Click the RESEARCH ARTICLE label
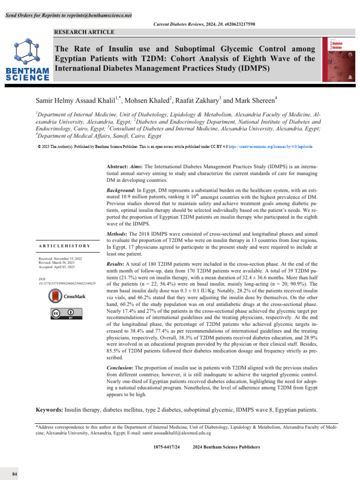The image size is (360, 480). tap(84, 32)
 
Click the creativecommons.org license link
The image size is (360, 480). tap(270, 147)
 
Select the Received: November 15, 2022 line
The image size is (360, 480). tap(61, 259)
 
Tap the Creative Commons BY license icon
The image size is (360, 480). tap(64, 314)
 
